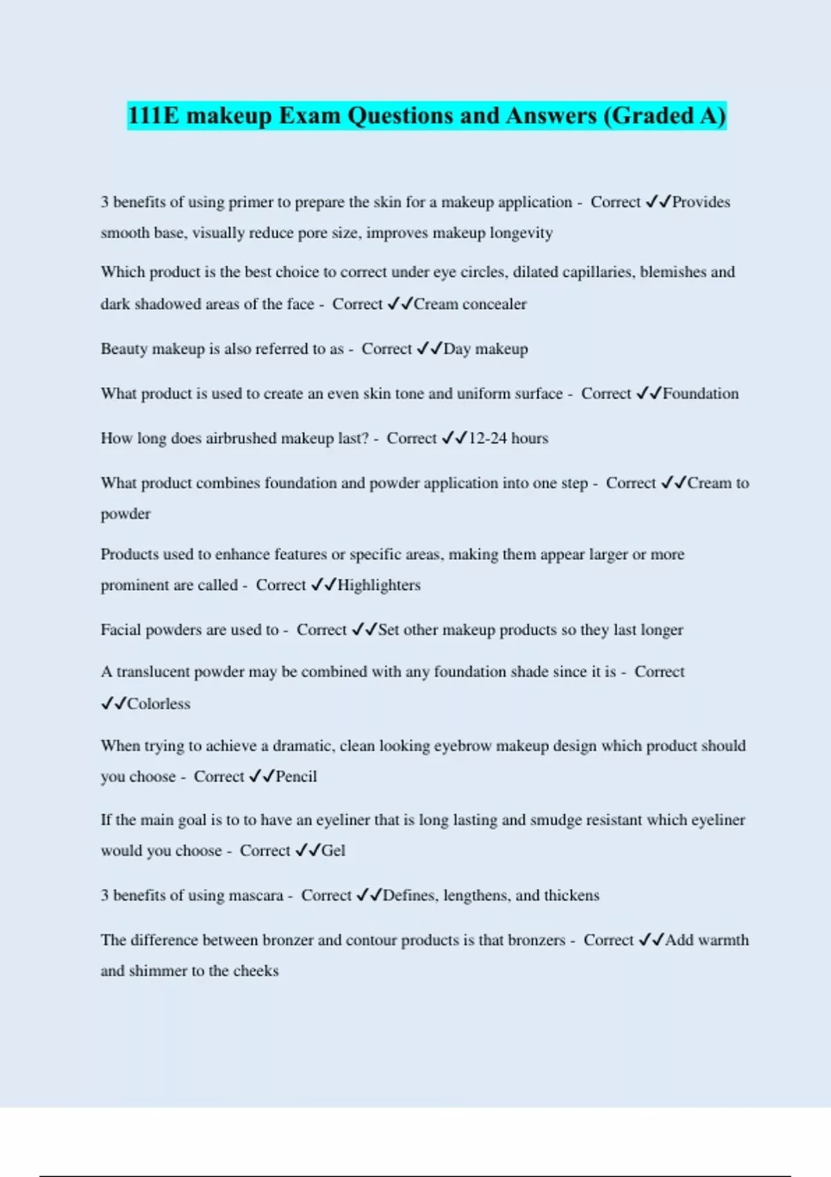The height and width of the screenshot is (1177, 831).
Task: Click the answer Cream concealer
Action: pos(470,304)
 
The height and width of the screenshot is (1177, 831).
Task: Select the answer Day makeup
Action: pos(485,349)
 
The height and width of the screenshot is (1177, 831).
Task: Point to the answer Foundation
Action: pos(701,394)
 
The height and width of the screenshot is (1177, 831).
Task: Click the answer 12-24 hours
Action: pos(508,438)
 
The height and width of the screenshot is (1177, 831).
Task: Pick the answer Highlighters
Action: pos(379,585)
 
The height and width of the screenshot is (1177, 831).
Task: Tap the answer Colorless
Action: pos(159,704)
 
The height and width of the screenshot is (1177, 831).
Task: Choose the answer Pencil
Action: pos(296,777)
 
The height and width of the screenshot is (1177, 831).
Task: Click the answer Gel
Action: pos(333,851)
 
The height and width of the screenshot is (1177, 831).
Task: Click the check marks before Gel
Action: pos(307,851)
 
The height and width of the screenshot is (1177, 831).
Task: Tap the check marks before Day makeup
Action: pos(429,349)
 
